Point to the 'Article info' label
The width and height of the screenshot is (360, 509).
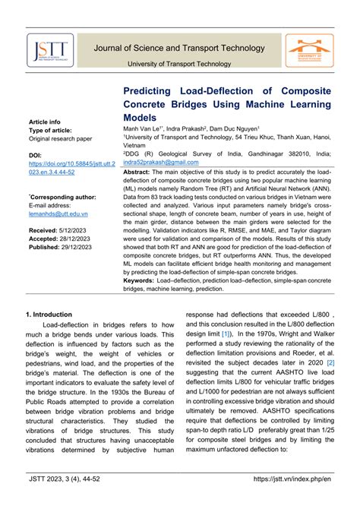[45, 122]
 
